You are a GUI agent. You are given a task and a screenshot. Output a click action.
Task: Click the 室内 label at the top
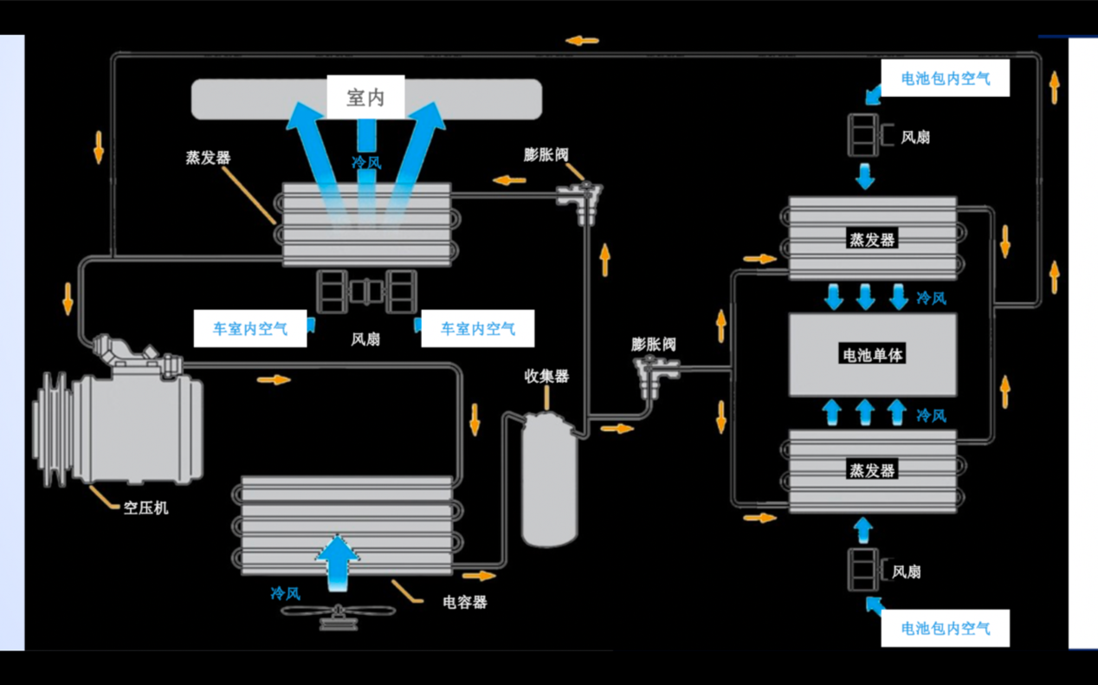pyautogui.click(x=365, y=98)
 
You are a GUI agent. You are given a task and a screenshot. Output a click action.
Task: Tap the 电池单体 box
pyautogui.click(x=872, y=354)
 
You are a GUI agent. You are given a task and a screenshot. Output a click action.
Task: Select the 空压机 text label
pyautogui.click(x=145, y=507)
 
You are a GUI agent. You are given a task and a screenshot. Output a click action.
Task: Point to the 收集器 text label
pyautogui.click(x=546, y=377)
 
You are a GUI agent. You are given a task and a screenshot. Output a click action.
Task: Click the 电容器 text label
pyautogui.click(x=464, y=602)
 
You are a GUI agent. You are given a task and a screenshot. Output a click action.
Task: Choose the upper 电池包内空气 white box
pyautogui.click(x=945, y=79)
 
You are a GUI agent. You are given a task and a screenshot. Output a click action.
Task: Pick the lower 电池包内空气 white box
pyautogui.click(x=945, y=628)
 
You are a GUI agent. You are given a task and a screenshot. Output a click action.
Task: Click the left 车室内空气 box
pyautogui.click(x=250, y=329)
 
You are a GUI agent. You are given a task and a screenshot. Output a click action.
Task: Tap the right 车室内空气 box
pyautogui.click(x=478, y=329)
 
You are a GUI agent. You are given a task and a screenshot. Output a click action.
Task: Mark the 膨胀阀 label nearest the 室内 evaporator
pyautogui.click(x=546, y=155)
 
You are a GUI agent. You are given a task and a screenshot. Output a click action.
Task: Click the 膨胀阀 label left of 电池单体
pyautogui.click(x=653, y=344)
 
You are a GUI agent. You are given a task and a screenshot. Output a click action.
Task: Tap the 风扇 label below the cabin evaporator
pyautogui.click(x=365, y=339)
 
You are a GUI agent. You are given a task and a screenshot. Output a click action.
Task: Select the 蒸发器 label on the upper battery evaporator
pyautogui.click(x=872, y=240)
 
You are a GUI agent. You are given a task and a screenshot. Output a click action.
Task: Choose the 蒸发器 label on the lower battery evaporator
pyautogui.click(x=872, y=470)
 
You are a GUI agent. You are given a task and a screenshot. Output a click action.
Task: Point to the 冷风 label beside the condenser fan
pyautogui.click(x=286, y=593)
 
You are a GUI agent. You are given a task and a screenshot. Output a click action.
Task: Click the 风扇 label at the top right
pyautogui.click(x=915, y=137)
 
